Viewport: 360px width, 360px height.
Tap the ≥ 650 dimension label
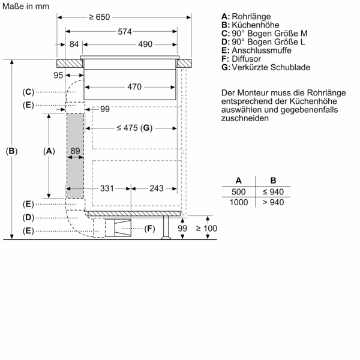tap(100, 17)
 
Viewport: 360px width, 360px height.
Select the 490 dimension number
tap(145, 44)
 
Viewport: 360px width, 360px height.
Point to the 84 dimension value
tap(74, 44)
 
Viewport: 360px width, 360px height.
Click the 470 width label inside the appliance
tap(134, 87)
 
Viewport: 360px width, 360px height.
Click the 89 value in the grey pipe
tap(75, 151)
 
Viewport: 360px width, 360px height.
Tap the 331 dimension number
tap(107, 188)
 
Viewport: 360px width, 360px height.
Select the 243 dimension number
tap(156, 188)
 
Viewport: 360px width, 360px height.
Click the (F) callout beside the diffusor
tap(149, 228)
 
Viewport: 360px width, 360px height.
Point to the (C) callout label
tap(28, 92)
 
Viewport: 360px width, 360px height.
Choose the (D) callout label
tap(28, 217)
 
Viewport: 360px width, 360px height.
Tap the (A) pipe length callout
tap(49, 151)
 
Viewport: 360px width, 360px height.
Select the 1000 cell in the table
tap(239, 202)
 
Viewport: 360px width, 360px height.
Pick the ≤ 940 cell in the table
tap(273, 191)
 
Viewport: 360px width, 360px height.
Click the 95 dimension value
tap(58, 75)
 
